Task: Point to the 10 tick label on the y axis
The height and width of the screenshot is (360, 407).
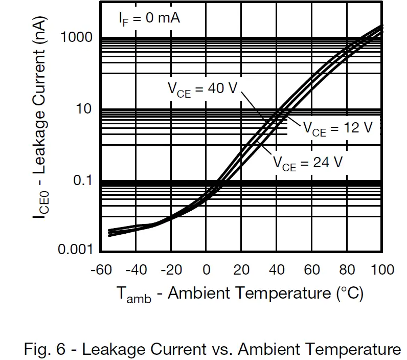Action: click(84, 109)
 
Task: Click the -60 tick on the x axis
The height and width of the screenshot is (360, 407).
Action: click(101, 270)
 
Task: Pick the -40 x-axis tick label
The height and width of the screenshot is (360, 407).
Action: click(135, 270)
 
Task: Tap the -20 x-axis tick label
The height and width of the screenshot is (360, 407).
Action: click(171, 270)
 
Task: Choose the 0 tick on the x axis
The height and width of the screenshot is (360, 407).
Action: click(206, 270)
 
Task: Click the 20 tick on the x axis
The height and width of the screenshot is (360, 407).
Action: click(241, 270)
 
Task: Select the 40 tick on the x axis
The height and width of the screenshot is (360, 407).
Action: click(277, 270)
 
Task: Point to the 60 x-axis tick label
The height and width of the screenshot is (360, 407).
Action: click(312, 270)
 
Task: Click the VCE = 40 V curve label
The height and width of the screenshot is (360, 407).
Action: click(203, 89)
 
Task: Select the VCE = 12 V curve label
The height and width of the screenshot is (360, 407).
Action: click(338, 129)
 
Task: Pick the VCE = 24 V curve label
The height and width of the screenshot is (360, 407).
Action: click(307, 164)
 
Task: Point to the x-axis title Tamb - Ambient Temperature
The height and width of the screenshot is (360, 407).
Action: click(240, 295)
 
